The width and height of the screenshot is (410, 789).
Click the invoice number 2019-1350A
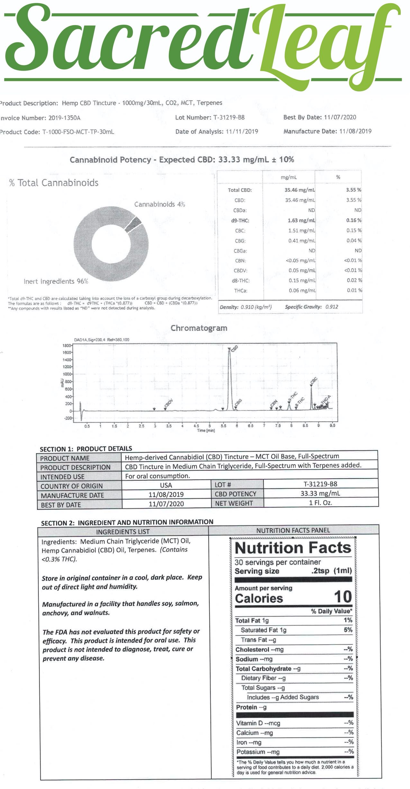click(x=64, y=118)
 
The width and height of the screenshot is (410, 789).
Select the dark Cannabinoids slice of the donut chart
click(x=133, y=224)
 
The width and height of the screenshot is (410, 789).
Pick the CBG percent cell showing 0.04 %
click(x=354, y=241)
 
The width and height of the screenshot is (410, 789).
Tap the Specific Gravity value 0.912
click(x=332, y=307)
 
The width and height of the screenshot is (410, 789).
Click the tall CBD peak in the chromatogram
click(x=230, y=379)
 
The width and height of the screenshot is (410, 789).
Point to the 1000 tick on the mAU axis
click(x=67, y=374)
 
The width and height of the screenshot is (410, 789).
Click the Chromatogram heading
click(x=199, y=328)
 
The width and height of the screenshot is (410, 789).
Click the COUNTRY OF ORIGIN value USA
click(x=166, y=485)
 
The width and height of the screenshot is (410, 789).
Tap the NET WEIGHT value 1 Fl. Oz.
click(x=320, y=503)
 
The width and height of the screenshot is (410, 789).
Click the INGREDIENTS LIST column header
click(x=123, y=532)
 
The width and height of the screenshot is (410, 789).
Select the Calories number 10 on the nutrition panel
click(x=343, y=597)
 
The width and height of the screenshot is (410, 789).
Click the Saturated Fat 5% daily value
click(x=348, y=630)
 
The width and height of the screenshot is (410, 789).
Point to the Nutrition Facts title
click(x=293, y=548)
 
